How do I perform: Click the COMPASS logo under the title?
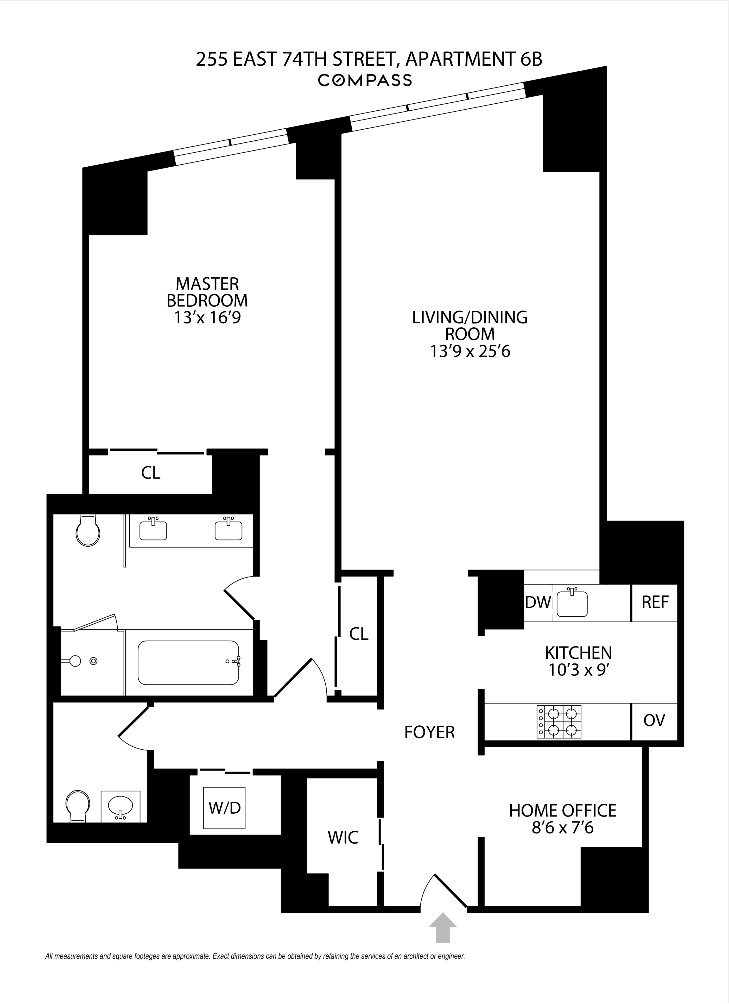click(x=365, y=80)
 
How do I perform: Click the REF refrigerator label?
click(x=655, y=603)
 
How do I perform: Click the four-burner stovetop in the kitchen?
click(x=559, y=721)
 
